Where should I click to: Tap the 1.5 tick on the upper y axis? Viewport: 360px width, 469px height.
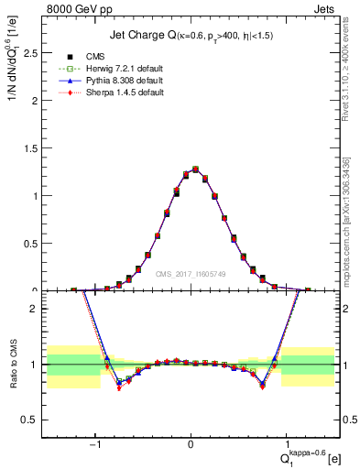click(36, 147)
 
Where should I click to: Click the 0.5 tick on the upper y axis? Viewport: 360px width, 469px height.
click(36, 243)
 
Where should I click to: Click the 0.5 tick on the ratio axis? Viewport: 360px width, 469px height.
click(36, 420)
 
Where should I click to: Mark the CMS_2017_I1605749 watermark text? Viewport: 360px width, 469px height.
click(191, 274)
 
